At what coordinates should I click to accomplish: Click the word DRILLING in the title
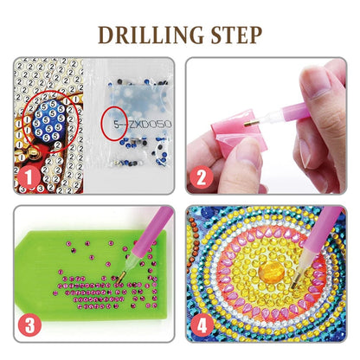tap(148, 35)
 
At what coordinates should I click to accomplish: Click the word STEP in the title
tap(232, 35)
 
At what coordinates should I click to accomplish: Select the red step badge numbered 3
tap(30, 325)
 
